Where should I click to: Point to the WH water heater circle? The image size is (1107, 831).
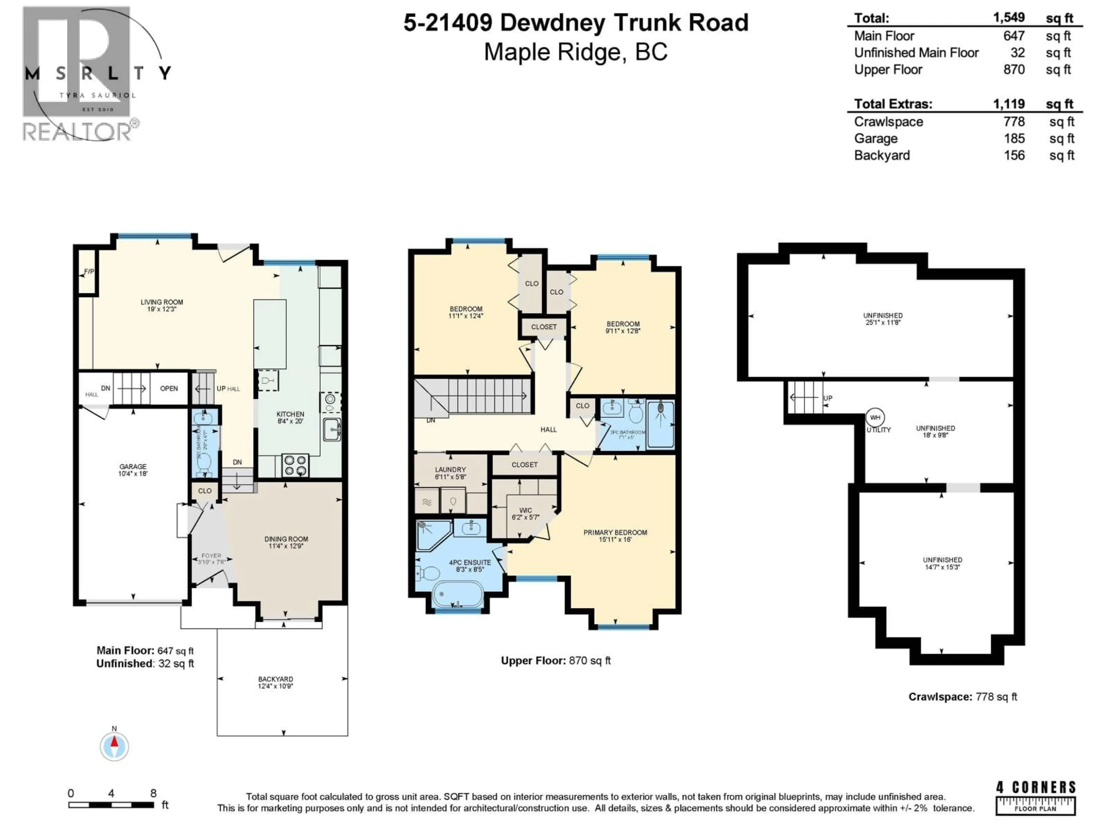(x=875, y=417)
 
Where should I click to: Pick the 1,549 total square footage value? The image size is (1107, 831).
(x=1008, y=18)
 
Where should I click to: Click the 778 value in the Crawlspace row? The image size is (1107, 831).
(x=1014, y=122)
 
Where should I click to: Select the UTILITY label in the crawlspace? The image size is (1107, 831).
(x=879, y=430)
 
